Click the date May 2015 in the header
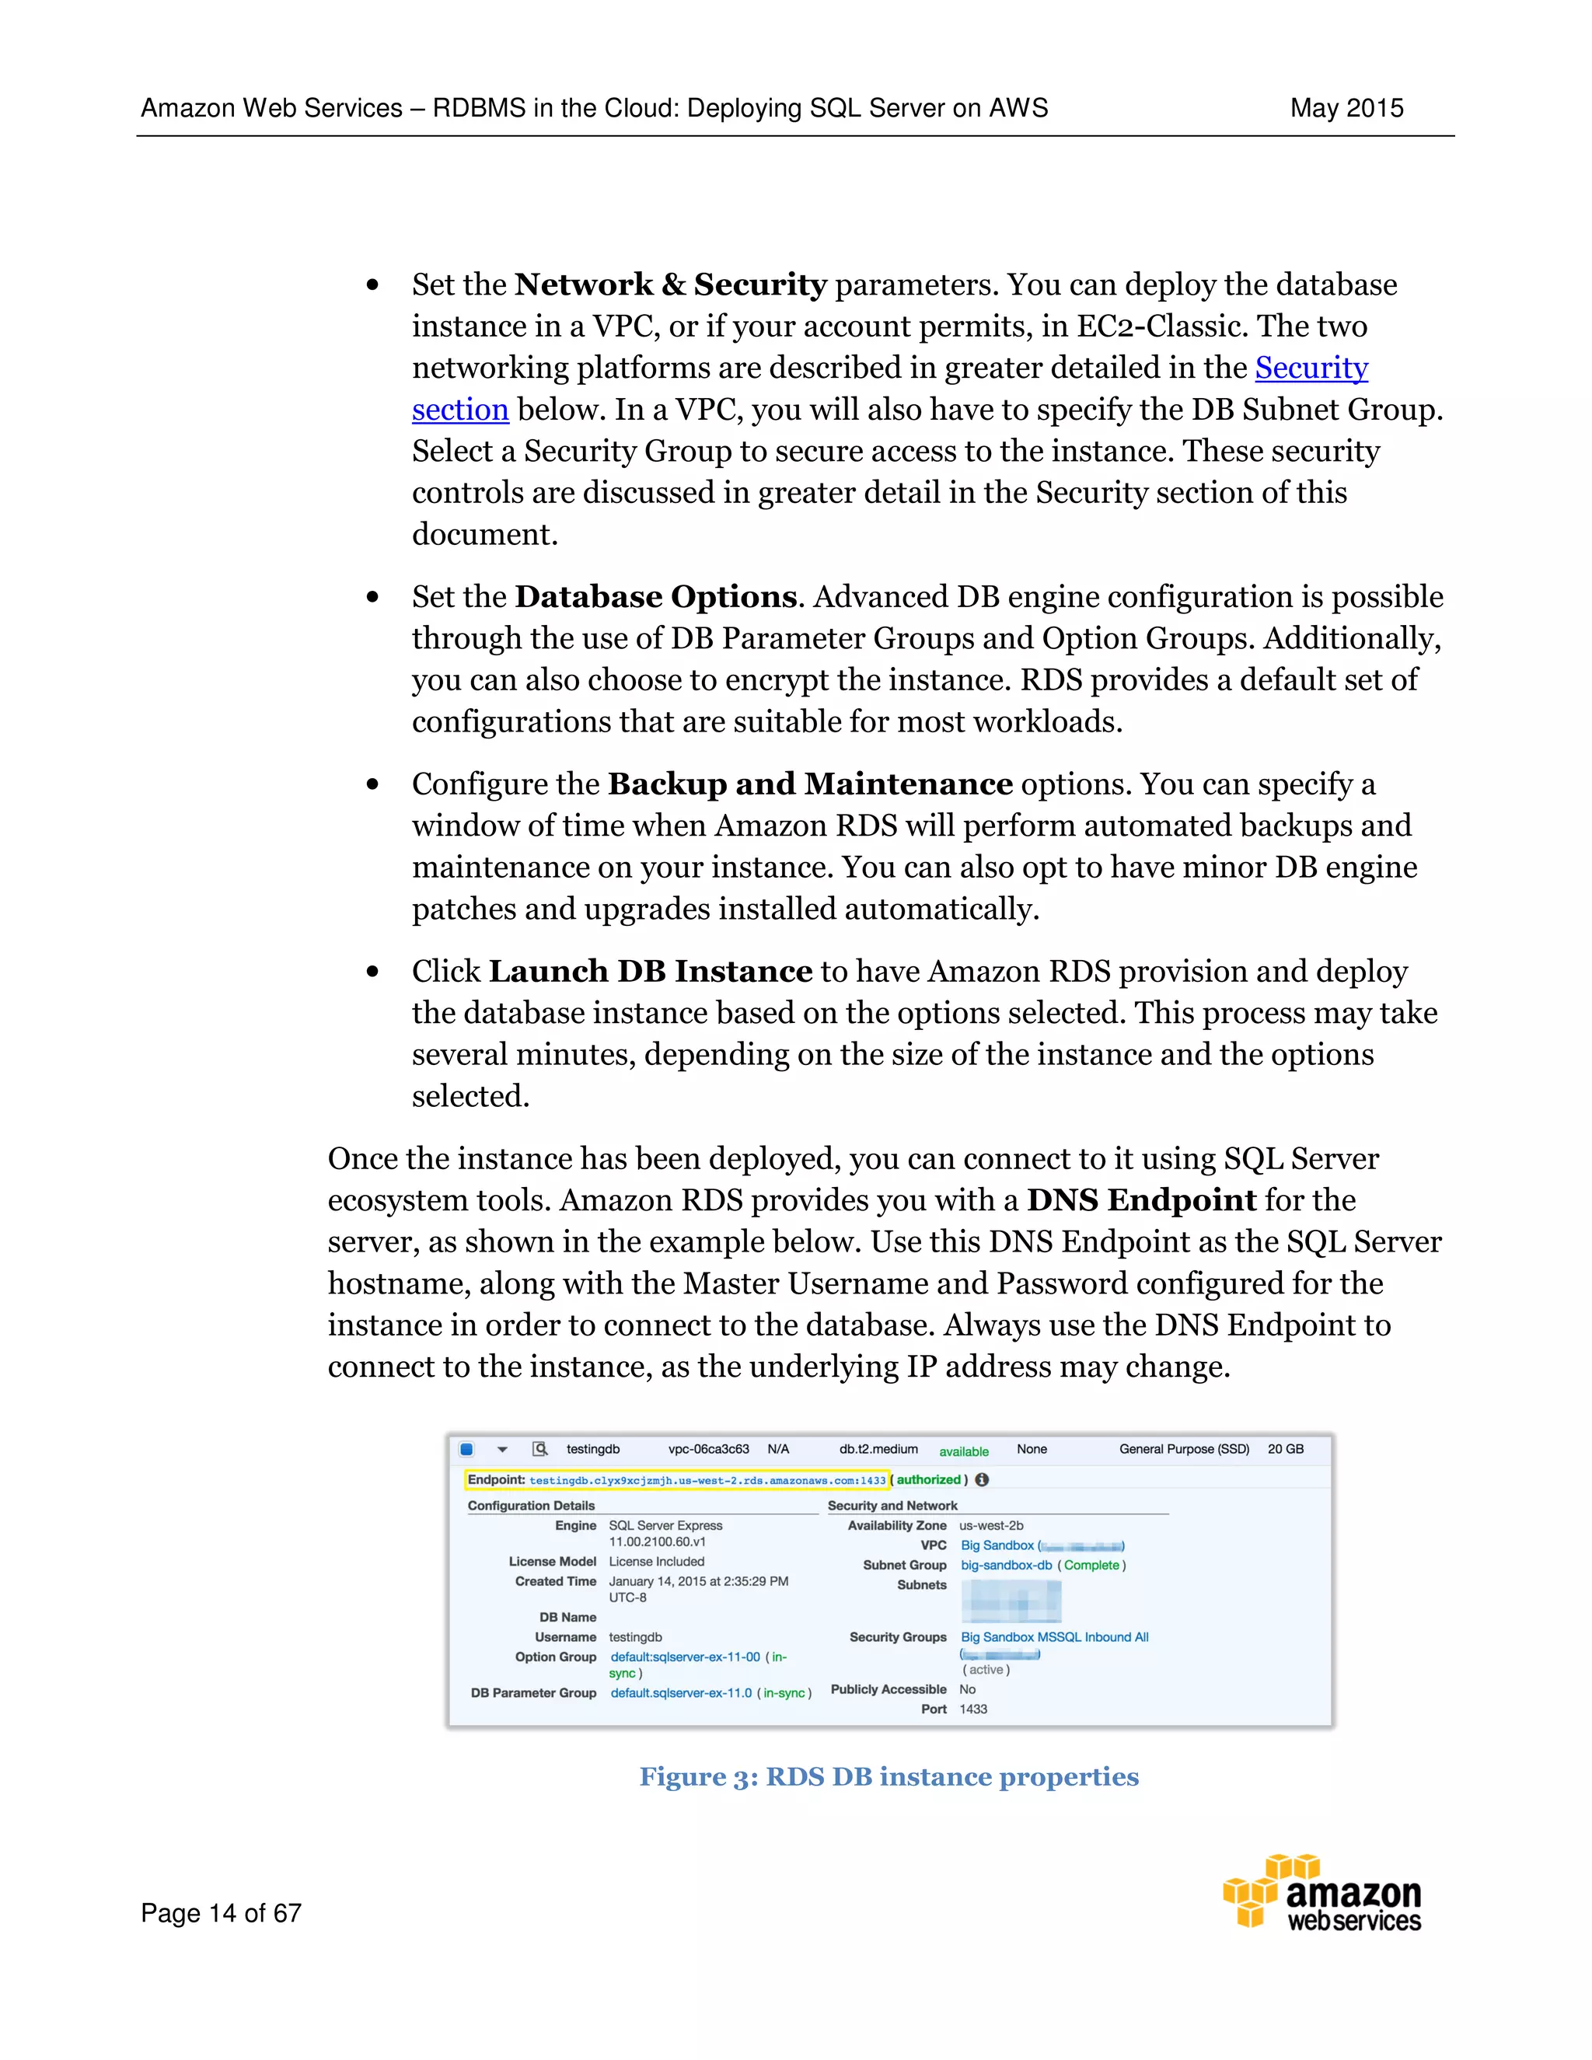pos(1346,109)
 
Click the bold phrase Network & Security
pos(671,285)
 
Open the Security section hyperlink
pos(1310,368)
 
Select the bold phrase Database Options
pos(655,597)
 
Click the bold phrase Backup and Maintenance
pos(809,784)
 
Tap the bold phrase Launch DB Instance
pos(650,972)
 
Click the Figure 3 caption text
pos(889,1777)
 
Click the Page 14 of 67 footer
pos(221,1913)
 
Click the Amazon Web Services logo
pos(1322,1892)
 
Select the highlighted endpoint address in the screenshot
pos(707,1480)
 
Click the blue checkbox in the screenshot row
pos(466,1449)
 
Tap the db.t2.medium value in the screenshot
pos(878,1449)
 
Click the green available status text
pos(963,1451)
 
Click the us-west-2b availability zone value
pos(990,1525)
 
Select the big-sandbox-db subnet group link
pos(1005,1565)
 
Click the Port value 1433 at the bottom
pos(972,1709)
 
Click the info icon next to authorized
pos(982,1480)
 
